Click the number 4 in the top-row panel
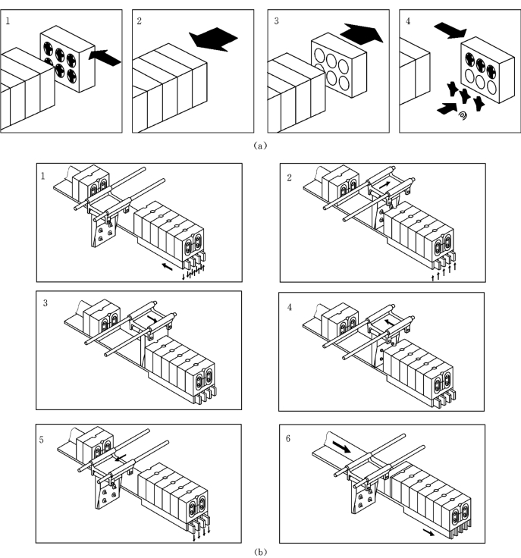[x=408, y=19]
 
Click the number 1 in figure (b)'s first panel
[x=45, y=176]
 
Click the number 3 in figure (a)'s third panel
[x=277, y=19]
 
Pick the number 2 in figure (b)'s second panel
[x=289, y=176]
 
